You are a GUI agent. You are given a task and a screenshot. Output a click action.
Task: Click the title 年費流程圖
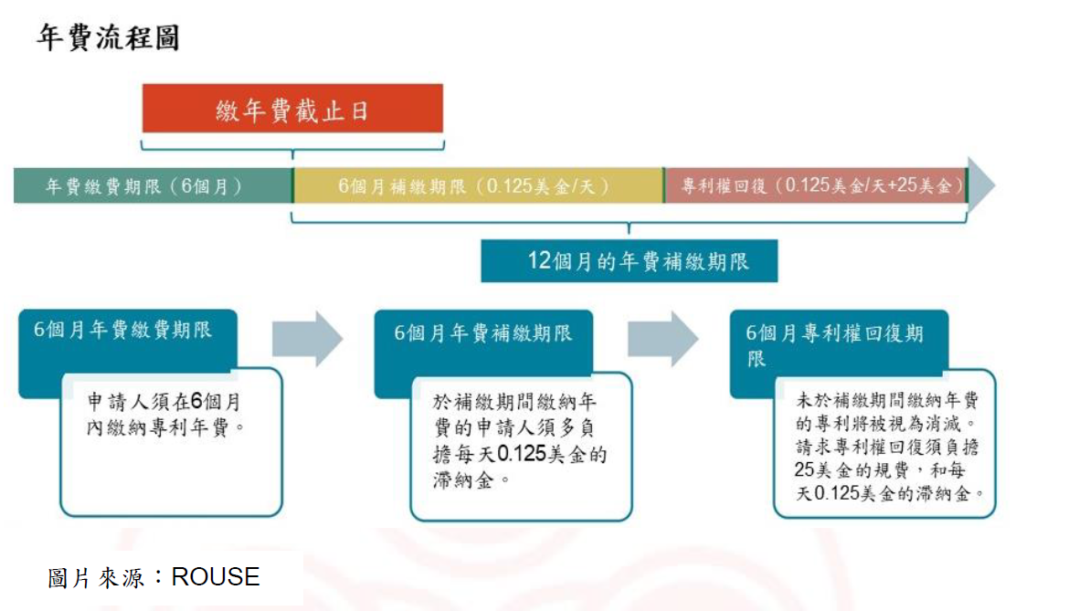(x=108, y=37)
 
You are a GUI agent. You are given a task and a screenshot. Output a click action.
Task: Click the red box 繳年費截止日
(x=292, y=109)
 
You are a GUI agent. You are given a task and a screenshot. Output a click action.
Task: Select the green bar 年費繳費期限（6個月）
(x=153, y=185)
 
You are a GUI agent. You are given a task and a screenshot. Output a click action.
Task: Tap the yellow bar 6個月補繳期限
(x=477, y=185)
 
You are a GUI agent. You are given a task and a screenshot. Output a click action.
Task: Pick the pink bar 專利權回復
(x=815, y=185)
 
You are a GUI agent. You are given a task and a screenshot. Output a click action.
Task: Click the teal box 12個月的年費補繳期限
(x=630, y=261)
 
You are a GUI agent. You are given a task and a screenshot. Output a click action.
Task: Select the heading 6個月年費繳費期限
(x=122, y=330)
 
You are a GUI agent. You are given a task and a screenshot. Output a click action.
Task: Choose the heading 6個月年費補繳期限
(x=482, y=333)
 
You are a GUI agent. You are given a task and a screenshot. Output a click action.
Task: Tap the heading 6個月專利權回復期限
(x=834, y=345)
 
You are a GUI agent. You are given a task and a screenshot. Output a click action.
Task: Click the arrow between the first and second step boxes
(x=308, y=339)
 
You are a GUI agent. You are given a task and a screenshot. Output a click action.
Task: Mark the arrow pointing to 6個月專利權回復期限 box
(x=662, y=339)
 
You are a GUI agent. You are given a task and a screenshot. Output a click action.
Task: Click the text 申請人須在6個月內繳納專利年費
(x=165, y=414)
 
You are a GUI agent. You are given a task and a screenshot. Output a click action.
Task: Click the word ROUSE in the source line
(x=216, y=577)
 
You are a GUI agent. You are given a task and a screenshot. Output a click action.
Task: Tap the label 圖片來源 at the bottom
(x=95, y=578)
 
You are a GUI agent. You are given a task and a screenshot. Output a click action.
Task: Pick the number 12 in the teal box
(x=538, y=260)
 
